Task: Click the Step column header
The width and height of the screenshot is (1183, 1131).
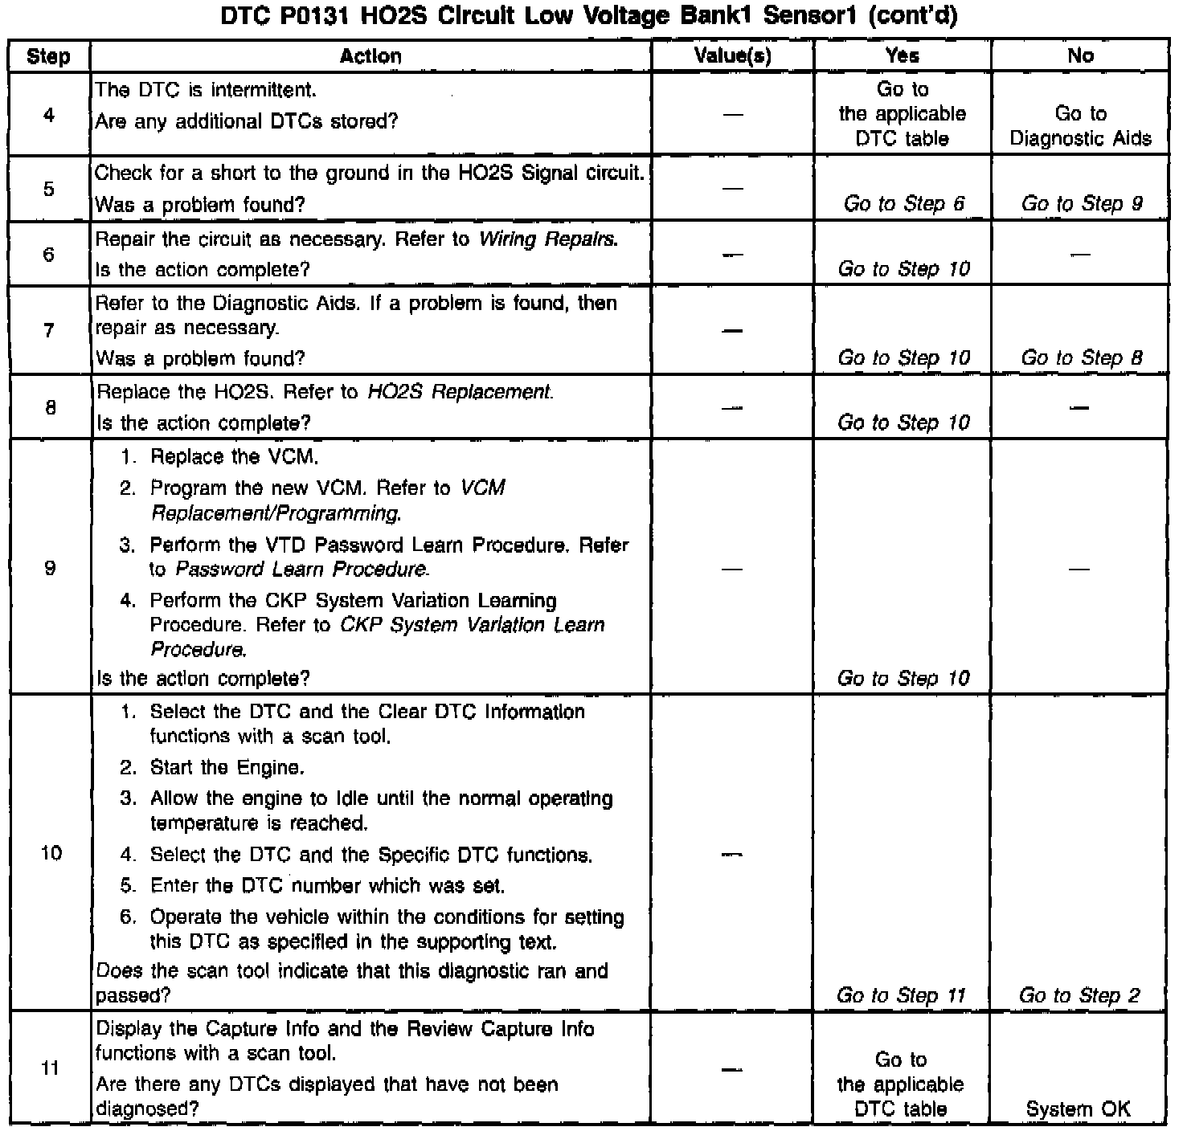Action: point(48,56)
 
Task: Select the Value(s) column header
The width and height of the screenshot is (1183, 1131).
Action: point(732,56)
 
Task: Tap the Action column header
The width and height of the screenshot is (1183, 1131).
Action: point(370,56)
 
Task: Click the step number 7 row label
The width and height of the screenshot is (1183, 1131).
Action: point(49,330)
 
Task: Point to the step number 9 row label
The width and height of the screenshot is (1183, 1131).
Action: point(50,569)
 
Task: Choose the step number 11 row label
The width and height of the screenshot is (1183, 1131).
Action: point(50,1068)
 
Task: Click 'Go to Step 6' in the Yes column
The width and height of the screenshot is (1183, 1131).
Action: point(903,204)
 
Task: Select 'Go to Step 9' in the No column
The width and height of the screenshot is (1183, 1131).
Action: point(1082,204)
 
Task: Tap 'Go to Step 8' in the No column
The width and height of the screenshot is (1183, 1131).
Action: point(1082,358)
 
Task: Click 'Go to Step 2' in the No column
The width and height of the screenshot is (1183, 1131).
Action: point(1080,996)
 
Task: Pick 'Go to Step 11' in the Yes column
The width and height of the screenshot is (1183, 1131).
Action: point(901,996)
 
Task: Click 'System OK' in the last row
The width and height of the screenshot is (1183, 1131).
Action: point(1079,1109)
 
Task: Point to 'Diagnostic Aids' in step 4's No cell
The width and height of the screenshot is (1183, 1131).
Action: point(1081,138)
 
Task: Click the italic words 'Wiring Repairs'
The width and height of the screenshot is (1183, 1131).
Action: point(548,239)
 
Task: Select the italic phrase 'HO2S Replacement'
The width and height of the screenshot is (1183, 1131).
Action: point(460,392)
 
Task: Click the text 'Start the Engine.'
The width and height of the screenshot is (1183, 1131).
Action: point(227,767)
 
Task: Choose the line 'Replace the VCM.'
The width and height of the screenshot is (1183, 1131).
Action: point(234,457)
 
